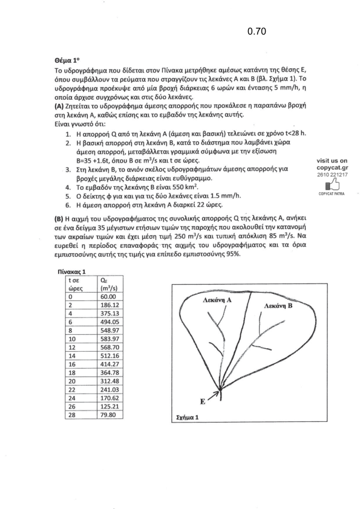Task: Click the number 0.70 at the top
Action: click(x=257, y=31)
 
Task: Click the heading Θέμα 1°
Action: click(x=67, y=60)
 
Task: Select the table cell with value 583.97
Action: click(x=110, y=339)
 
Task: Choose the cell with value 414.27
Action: click(x=110, y=365)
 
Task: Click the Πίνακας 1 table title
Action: click(x=71, y=272)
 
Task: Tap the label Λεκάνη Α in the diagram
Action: click(x=217, y=300)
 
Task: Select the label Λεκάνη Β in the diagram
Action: click(x=278, y=305)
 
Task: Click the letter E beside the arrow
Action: click(x=203, y=401)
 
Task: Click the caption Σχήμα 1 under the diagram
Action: click(x=187, y=418)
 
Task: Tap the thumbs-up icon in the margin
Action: click(x=332, y=185)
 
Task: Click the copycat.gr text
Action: click(x=332, y=168)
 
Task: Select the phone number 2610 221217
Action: click(x=332, y=175)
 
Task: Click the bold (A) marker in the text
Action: click(x=59, y=106)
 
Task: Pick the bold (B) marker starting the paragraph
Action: click(x=59, y=218)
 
